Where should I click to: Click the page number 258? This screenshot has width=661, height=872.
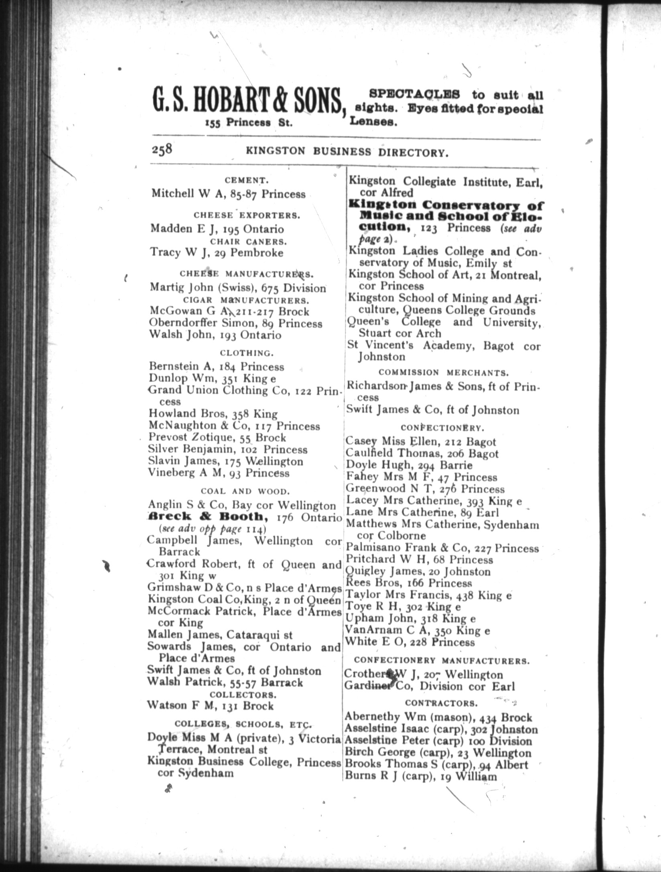[x=162, y=149]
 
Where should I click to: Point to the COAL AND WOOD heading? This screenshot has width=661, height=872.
[x=245, y=491]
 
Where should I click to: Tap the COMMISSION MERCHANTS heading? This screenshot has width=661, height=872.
[x=444, y=373]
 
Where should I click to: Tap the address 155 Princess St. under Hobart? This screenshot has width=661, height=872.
[x=248, y=123]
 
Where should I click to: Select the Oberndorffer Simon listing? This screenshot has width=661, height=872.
[x=235, y=323]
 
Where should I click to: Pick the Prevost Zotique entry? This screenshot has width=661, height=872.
[x=217, y=437]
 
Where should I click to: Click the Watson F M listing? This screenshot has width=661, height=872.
[x=210, y=706]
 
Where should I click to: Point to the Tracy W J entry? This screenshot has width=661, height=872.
[x=217, y=252]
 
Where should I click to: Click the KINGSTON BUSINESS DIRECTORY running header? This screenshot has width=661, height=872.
[x=347, y=151]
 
